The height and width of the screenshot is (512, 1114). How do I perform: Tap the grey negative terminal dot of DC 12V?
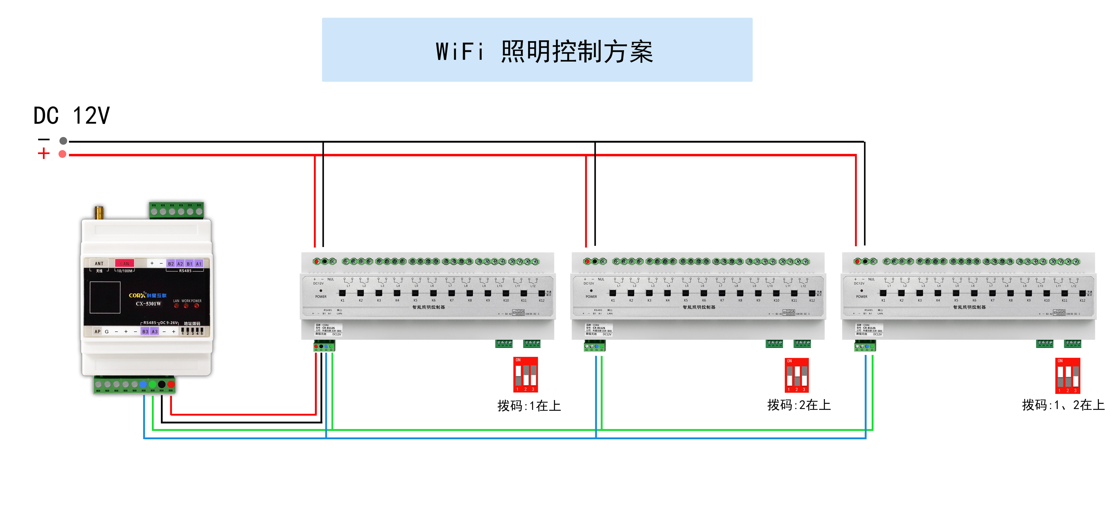63,141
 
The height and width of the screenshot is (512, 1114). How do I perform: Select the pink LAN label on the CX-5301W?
125,263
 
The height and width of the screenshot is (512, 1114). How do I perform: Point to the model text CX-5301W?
148,304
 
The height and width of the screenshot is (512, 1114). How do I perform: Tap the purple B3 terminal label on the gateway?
145,332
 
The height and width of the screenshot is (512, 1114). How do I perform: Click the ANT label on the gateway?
99,263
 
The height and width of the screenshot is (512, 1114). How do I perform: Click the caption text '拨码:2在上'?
799,405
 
